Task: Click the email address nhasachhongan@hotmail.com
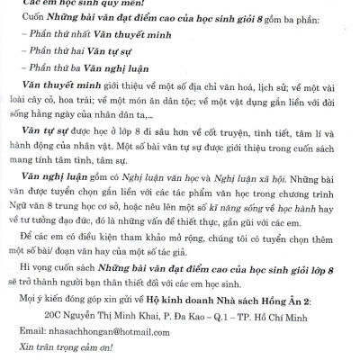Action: click(x=109, y=331)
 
